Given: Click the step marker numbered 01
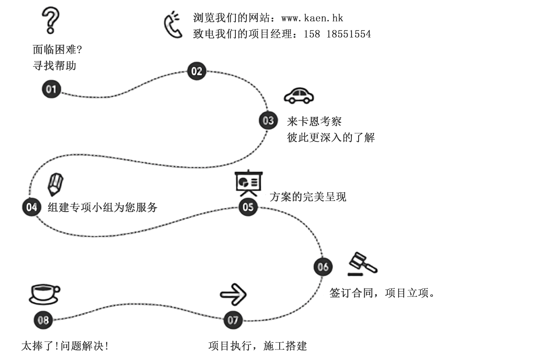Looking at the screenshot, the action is pyautogui.click(x=51, y=89).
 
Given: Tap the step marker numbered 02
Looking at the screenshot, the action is pyautogui.click(x=197, y=71).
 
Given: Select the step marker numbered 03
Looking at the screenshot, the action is pyautogui.click(x=268, y=120).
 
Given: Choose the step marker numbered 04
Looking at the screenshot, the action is pyautogui.click(x=32, y=207).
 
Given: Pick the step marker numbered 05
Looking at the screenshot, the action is pyautogui.click(x=248, y=207).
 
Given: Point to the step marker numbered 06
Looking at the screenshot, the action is pyautogui.click(x=323, y=267).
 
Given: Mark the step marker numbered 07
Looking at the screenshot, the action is pyautogui.click(x=233, y=320).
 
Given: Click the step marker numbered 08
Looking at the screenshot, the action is pyautogui.click(x=43, y=320).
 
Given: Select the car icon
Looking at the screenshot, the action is pyautogui.click(x=299, y=96).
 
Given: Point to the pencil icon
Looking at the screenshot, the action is pyautogui.click(x=55, y=184).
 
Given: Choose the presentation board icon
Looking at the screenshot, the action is pyautogui.click(x=249, y=183).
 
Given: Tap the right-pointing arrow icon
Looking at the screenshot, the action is pyautogui.click(x=233, y=295).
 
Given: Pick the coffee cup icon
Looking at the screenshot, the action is pyautogui.click(x=44, y=295).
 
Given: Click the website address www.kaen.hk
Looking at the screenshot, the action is pyautogui.click(x=312, y=18).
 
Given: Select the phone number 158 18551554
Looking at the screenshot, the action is pyautogui.click(x=337, y=34).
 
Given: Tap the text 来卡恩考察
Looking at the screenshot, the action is pyautogui.click(x=314, y=121).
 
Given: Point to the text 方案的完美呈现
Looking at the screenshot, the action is pyautogui.click(x=308, y=197).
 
